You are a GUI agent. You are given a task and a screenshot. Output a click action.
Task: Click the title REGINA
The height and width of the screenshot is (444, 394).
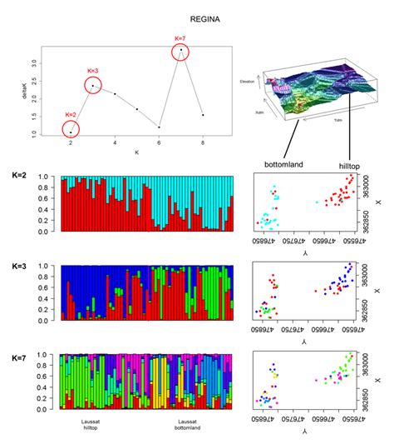204,16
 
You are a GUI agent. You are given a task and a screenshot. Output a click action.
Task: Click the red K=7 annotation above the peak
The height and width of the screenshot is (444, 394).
180,37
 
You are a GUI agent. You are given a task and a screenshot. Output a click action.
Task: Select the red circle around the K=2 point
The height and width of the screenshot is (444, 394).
71,130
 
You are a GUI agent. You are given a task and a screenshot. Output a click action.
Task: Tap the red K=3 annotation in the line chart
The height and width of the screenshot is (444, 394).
92,71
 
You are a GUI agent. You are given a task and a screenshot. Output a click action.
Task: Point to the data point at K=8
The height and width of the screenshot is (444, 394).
203,115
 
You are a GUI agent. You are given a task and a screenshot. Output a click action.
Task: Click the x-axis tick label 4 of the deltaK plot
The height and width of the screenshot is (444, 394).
115,143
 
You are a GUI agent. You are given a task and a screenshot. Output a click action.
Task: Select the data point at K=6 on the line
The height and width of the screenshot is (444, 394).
159,127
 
